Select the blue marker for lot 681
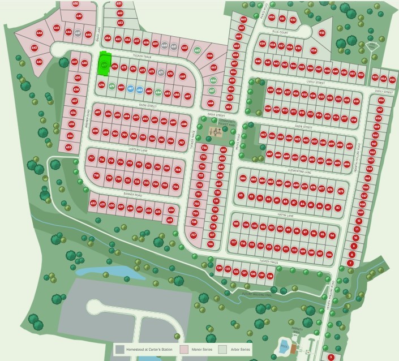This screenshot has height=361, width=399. pos(130,89)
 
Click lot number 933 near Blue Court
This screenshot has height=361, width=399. pos(322,33)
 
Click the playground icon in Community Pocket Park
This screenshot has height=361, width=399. pos(218,131)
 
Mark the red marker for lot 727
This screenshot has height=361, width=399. pos(194,235)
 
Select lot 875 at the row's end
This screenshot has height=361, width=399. pos(341,192)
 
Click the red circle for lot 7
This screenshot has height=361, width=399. pos(351,263)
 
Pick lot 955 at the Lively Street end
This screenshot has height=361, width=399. pos(392,79)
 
